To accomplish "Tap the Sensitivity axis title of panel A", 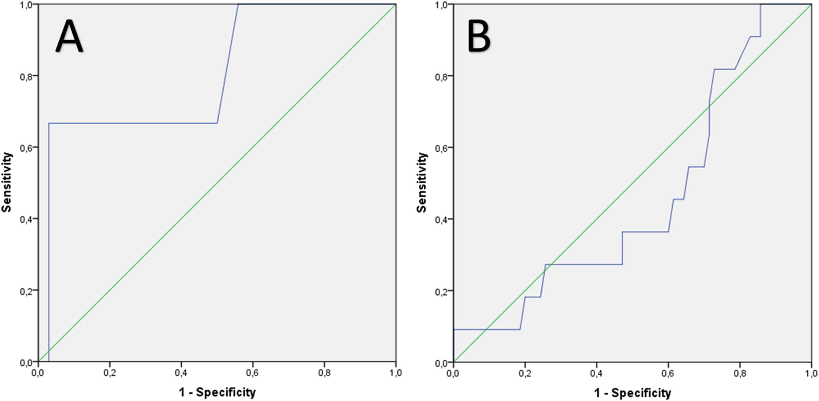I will [x=7, y=182].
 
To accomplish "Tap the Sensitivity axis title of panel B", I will [x=422, y=182].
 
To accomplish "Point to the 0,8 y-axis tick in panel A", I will [x=27, y=76].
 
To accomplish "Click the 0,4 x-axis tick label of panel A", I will [x=181, y=372].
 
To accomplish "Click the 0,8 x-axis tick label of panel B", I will [x=740, y=372].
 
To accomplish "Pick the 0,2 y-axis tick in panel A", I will [x=27, y=291].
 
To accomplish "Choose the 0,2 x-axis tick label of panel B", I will [x=525, y=372].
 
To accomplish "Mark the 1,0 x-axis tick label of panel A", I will [x=396, y=372].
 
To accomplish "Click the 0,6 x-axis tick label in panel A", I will [x=253, y=372].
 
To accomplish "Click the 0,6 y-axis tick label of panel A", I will [x=27, y=147].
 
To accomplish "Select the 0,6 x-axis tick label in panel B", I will [x=668, y=372].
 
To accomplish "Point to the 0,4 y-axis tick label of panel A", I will [x=27, y=219].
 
